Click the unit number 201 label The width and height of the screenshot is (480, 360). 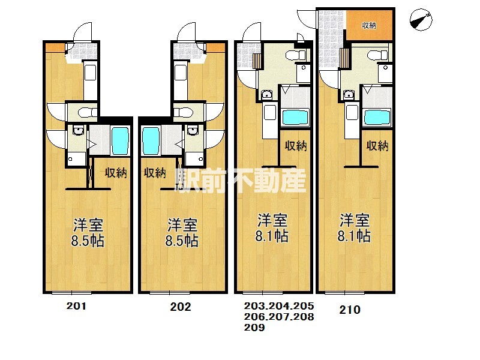[x=77, y=306]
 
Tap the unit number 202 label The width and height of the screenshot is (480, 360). [x=181, y=307]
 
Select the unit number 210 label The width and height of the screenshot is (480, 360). [x=350, y=310]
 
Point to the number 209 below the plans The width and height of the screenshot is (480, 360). [x=254, y=328]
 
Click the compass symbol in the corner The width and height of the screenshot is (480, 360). [x=421, y=20]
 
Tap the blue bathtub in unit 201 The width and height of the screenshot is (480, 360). [x=120, y=141]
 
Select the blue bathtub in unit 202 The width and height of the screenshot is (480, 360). [x=151, y=141]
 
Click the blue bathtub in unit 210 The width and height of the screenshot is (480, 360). [x=377, y=118]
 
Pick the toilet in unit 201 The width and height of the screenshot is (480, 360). [x=88, y=112]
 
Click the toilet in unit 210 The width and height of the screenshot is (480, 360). [x=377, y=55]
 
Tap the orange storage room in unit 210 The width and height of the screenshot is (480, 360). [x=369, y=25]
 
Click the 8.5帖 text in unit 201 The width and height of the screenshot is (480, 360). [x=88, y=241]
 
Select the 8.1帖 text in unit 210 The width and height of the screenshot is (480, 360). [x=354, y=236]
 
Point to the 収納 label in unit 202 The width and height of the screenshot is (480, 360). [x=155, y=173]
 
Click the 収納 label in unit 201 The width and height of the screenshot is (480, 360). [x=116, y=173]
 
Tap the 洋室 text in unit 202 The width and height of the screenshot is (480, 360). [x=182, y=225]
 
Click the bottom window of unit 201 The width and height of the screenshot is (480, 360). [x=71, y=293]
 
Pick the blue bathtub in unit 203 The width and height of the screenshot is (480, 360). [x=295, y=118]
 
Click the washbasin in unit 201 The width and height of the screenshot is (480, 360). [x=79, y=131]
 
